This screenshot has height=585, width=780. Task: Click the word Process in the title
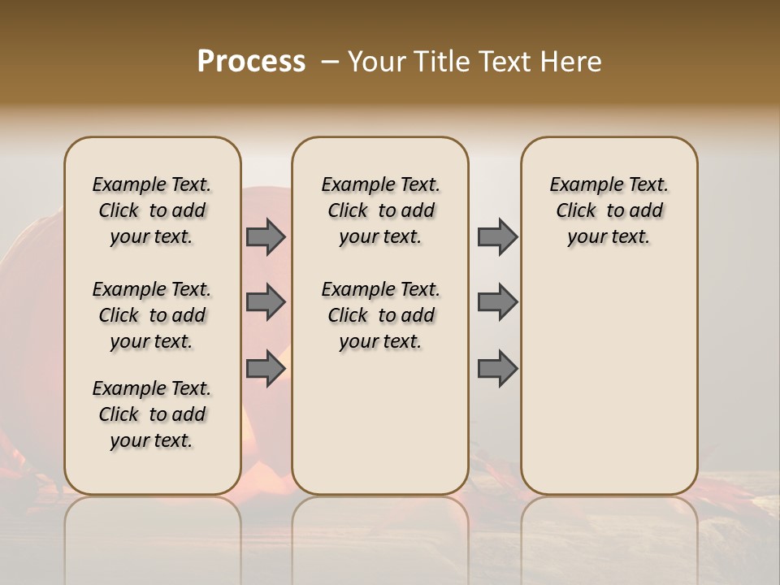point(251,62)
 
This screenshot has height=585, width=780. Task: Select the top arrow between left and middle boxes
point(266,237)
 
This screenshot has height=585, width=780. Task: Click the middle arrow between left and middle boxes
point(266,302)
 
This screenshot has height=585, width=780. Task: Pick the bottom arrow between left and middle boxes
point(266,369)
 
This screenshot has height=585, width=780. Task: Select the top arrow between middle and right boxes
point(497,237)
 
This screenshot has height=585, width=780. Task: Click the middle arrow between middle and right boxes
point(497,302)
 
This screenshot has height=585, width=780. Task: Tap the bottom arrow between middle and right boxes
point(497,369)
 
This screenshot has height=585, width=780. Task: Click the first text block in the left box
point(152,210)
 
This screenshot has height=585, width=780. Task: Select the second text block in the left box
point(152,315)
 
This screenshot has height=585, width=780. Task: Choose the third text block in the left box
point(152,414)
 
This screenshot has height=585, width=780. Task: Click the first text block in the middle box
point(380,210)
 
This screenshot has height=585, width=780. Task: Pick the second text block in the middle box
point(380,315)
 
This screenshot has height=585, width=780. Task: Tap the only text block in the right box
point(609,210)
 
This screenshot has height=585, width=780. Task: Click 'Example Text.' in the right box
point(609,184)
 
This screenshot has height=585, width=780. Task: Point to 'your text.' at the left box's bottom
point(152,440)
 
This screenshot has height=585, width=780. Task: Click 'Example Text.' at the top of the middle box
point(380,184)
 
